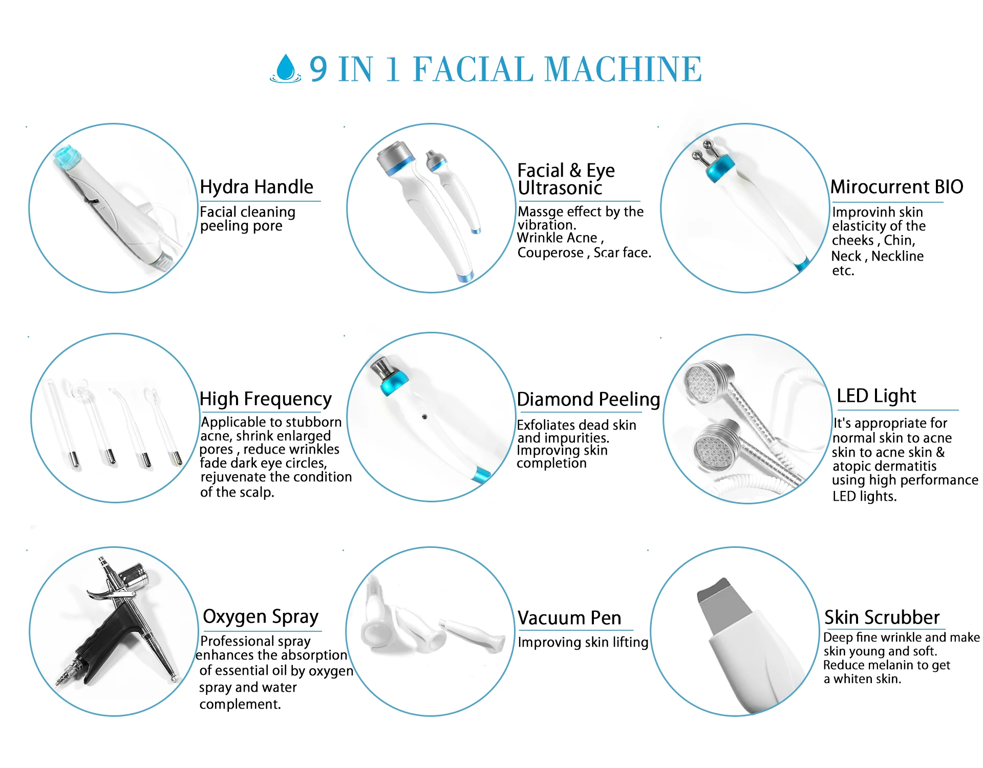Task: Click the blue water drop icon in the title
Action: [x=285, y=68]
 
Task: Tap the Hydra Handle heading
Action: [x=256, y=187]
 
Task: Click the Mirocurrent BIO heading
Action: [x=896, y=187]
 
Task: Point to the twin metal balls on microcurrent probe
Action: [x=702, y=151]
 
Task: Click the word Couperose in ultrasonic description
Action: [x=550, y=253]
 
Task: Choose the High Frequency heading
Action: [x=265, y=398]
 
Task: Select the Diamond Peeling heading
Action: [x=588, y=399]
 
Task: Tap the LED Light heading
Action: [x=876, y=396]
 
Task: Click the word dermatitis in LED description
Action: [x=905, y=466]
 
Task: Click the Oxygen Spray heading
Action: [x=261, y=616]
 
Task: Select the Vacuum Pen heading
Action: [x=569, y=618]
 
